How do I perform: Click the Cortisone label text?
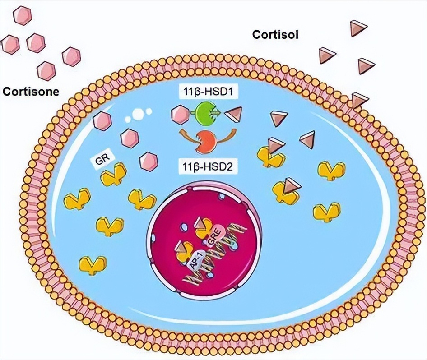click(31, 91)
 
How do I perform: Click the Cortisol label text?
click(275, 35)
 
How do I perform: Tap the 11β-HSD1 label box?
click(208, 93)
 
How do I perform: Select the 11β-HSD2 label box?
click(208, 166)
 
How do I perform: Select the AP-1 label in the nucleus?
click(196, 261)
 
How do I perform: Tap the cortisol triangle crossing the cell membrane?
click(359, 100)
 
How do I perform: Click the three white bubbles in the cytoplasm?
click(138, 114)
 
